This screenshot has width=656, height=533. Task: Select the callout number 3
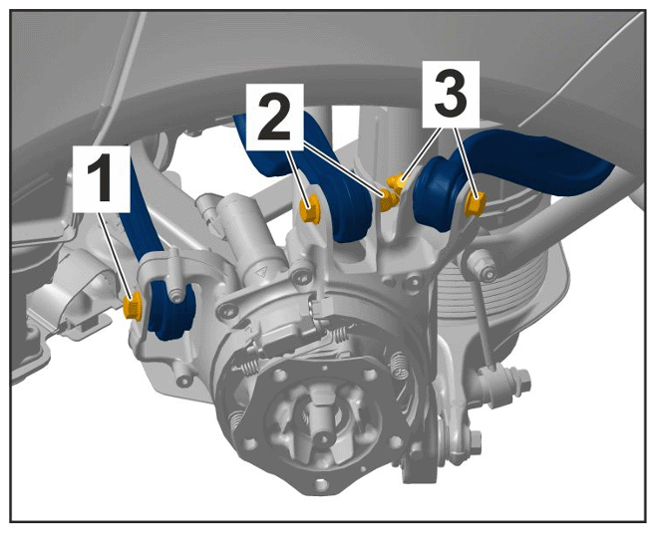(x=451, y=94)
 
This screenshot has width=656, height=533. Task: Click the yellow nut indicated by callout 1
(x=134, y=306)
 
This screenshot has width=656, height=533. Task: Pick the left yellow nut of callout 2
(x=310, y=209)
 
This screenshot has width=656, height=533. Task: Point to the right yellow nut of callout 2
(x=388, y=200)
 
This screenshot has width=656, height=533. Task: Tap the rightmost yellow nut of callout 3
(x=476, y=203)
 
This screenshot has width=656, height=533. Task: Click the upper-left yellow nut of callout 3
(x=395, y=182)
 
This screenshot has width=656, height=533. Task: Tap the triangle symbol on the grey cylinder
(x=261, y=273)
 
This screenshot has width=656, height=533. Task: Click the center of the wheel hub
(x=321, y=436)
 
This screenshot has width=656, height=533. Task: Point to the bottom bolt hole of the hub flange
(x=320, y=484)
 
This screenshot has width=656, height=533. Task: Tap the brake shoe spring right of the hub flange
(x=400, y=368)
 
